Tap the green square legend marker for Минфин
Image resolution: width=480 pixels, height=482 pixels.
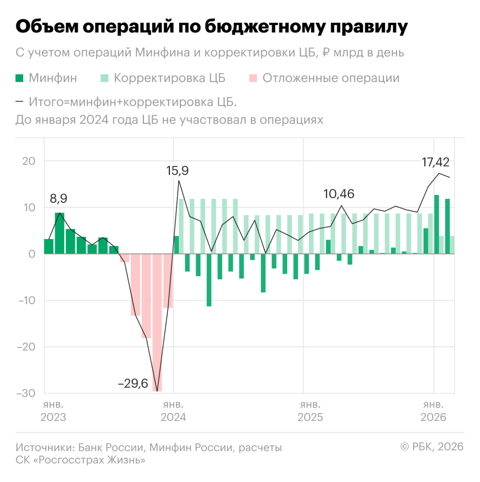coord(20,78)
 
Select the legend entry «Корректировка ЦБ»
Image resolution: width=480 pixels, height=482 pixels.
coord(169,78)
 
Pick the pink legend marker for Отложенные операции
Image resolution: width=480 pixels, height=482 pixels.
coord(253,78)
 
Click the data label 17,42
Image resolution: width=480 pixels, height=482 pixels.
coord(435,162)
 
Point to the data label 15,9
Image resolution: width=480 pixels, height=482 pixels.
coord(177,171)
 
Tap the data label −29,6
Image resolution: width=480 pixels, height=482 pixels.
coord(133,383)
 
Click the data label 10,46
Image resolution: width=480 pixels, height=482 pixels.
coord(338,194)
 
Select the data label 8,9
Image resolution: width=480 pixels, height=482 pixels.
coord(58,198)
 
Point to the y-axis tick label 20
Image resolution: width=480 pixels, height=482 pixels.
coord(29,161)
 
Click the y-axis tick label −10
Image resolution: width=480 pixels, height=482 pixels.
coord(27,300)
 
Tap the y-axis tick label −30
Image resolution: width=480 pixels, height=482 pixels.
coord(26,393)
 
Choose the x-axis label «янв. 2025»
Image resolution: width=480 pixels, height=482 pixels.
coord(310,411)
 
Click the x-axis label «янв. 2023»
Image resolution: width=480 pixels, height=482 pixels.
coord(53,411)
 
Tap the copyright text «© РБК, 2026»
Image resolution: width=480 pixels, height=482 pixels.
coord(432,447)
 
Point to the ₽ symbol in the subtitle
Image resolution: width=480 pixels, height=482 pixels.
coord(326,53)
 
